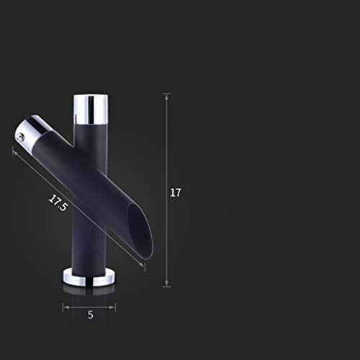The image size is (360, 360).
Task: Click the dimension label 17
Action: point(176,193)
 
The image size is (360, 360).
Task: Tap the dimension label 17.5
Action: point(58,203)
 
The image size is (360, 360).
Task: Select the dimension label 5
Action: point(90,315)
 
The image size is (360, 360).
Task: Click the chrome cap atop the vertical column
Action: point(91,109)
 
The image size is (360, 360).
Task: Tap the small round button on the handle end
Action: point(20,137)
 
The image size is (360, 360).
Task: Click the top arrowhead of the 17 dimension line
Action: point(166,96)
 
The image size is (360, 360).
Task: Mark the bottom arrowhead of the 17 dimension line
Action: point(166,284)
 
